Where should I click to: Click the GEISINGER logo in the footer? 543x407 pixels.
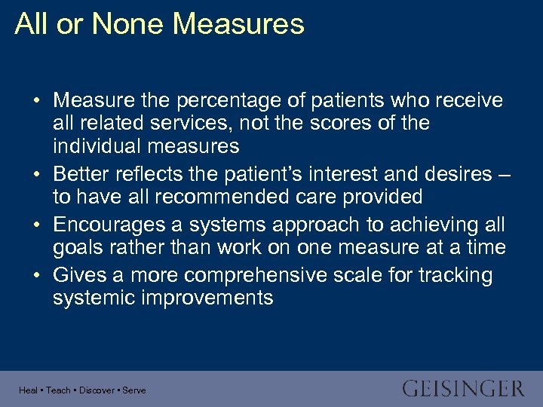coord(462,389)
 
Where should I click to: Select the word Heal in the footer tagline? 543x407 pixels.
coord(28,390)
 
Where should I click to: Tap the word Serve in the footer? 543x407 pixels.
coord(134,390)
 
